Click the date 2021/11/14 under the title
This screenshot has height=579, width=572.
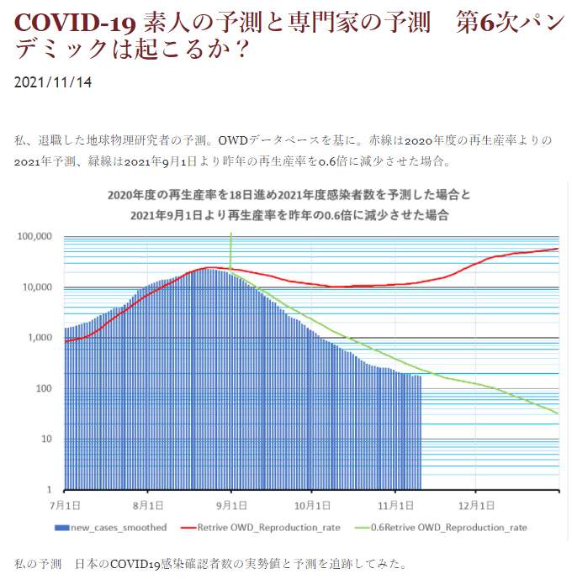point(53,82)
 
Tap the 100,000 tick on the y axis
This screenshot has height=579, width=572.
point(34,237)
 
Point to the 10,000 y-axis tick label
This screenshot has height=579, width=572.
point(37,287)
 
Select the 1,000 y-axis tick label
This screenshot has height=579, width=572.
point(40,338)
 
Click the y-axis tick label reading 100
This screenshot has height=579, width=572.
point(44,388)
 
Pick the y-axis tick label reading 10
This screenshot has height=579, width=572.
point(46,439)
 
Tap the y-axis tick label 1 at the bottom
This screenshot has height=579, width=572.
point(49,489)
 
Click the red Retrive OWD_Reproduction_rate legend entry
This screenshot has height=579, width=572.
point(269,528)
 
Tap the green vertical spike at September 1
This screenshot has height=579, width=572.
point(230,252)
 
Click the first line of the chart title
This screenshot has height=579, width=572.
point(289,195)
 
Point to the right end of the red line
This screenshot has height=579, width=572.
point(557,249)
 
